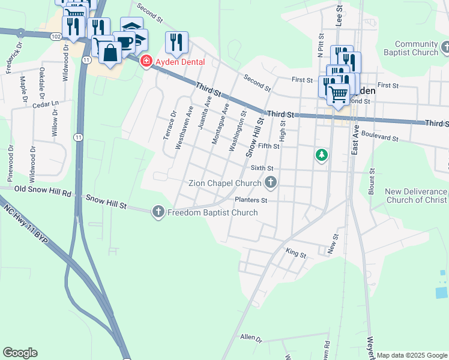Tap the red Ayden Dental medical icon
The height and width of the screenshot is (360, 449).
[145, 61]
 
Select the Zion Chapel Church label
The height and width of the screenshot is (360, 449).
[224, 182]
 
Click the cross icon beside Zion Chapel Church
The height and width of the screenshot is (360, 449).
[271, 182]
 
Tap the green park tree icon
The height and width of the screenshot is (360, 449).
[322, 155]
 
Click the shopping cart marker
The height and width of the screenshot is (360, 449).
[338, 93]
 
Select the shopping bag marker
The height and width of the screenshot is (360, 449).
[110, 53]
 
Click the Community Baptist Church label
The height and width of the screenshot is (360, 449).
[417, 49]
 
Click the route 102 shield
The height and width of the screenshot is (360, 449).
[56, 37]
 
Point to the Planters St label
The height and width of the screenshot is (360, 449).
[251, 200]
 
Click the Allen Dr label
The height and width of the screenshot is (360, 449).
[251, 339]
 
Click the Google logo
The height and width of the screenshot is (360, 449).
[20, 353]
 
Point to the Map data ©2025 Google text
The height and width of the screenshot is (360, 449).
[412, 355]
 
